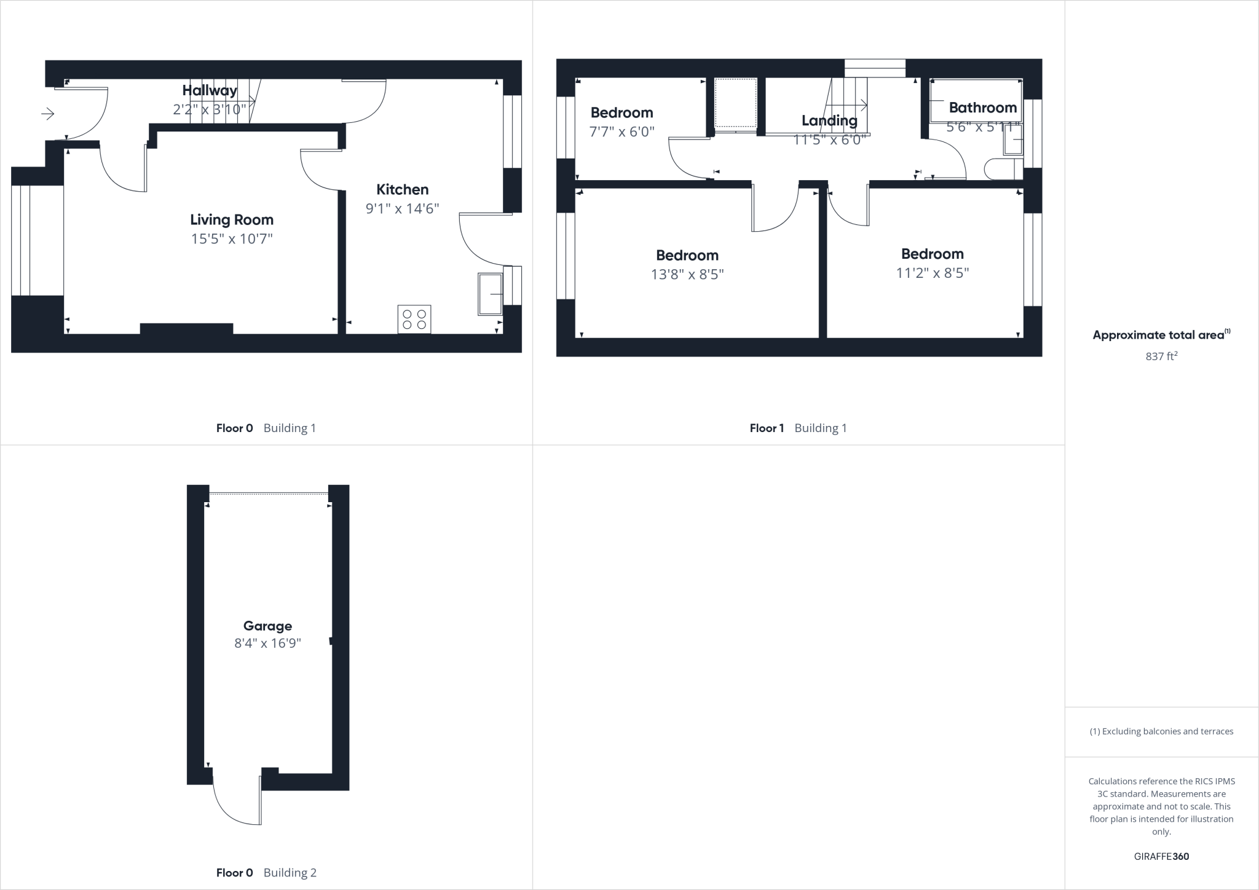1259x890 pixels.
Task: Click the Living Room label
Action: point(232,219)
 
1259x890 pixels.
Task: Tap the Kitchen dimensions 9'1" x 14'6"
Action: point(403,208)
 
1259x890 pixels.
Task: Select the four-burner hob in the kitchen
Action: point(414,319)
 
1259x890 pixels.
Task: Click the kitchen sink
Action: point(490,294)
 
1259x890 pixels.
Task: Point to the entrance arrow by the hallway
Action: point(48,114)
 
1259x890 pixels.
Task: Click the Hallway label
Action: point(210,90)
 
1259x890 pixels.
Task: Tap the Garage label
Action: point(267,626)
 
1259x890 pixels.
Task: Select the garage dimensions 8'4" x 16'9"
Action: point(267,644)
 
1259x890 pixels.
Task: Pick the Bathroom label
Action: point(983,108)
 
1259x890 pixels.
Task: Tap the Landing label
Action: point(829,120)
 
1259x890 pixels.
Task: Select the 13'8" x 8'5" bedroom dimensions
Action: point(687,274)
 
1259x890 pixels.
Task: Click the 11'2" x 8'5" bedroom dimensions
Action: point(933,273)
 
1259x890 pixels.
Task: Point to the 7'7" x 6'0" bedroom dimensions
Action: point(622,132)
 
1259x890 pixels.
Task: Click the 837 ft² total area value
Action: point(1161,356)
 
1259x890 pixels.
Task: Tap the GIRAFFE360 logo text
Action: point(1161,856)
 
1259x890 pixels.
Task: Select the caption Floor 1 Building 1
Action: point(798,428)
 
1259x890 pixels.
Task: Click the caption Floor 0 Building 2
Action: point(266,873)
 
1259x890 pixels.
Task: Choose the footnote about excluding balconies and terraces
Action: point(1161,731)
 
